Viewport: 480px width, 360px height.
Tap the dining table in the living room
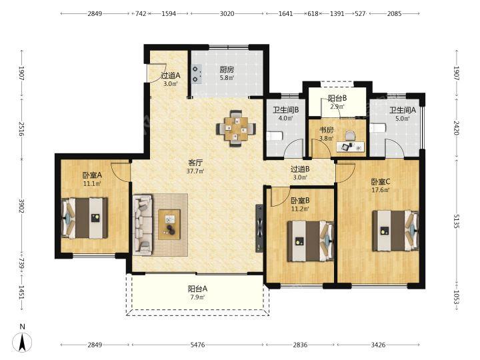click(236, 129)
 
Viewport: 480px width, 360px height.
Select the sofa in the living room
click(143, 225)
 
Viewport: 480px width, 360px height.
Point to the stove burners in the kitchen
click(196, 75)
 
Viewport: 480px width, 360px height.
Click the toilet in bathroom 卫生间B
click(273, 136)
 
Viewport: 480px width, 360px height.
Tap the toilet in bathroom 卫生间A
click(376, 128)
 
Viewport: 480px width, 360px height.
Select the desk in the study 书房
click(351, 147)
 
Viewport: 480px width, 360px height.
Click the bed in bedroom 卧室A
click(85, 218)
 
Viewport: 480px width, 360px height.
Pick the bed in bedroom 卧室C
click(395, 231)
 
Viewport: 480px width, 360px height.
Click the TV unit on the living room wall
click(259, 229)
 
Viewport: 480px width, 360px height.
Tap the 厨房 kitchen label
click(227, 70)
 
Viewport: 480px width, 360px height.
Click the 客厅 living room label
click(195, 163)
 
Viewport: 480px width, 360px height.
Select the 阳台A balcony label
click(198, 289)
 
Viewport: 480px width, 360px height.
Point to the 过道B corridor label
click(300, 169)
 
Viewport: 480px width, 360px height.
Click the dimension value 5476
click(197, 345)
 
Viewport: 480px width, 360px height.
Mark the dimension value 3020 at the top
click(227, 13)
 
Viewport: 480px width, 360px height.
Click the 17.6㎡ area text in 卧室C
click(381, 190)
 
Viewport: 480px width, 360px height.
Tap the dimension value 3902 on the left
click(21, 207)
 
